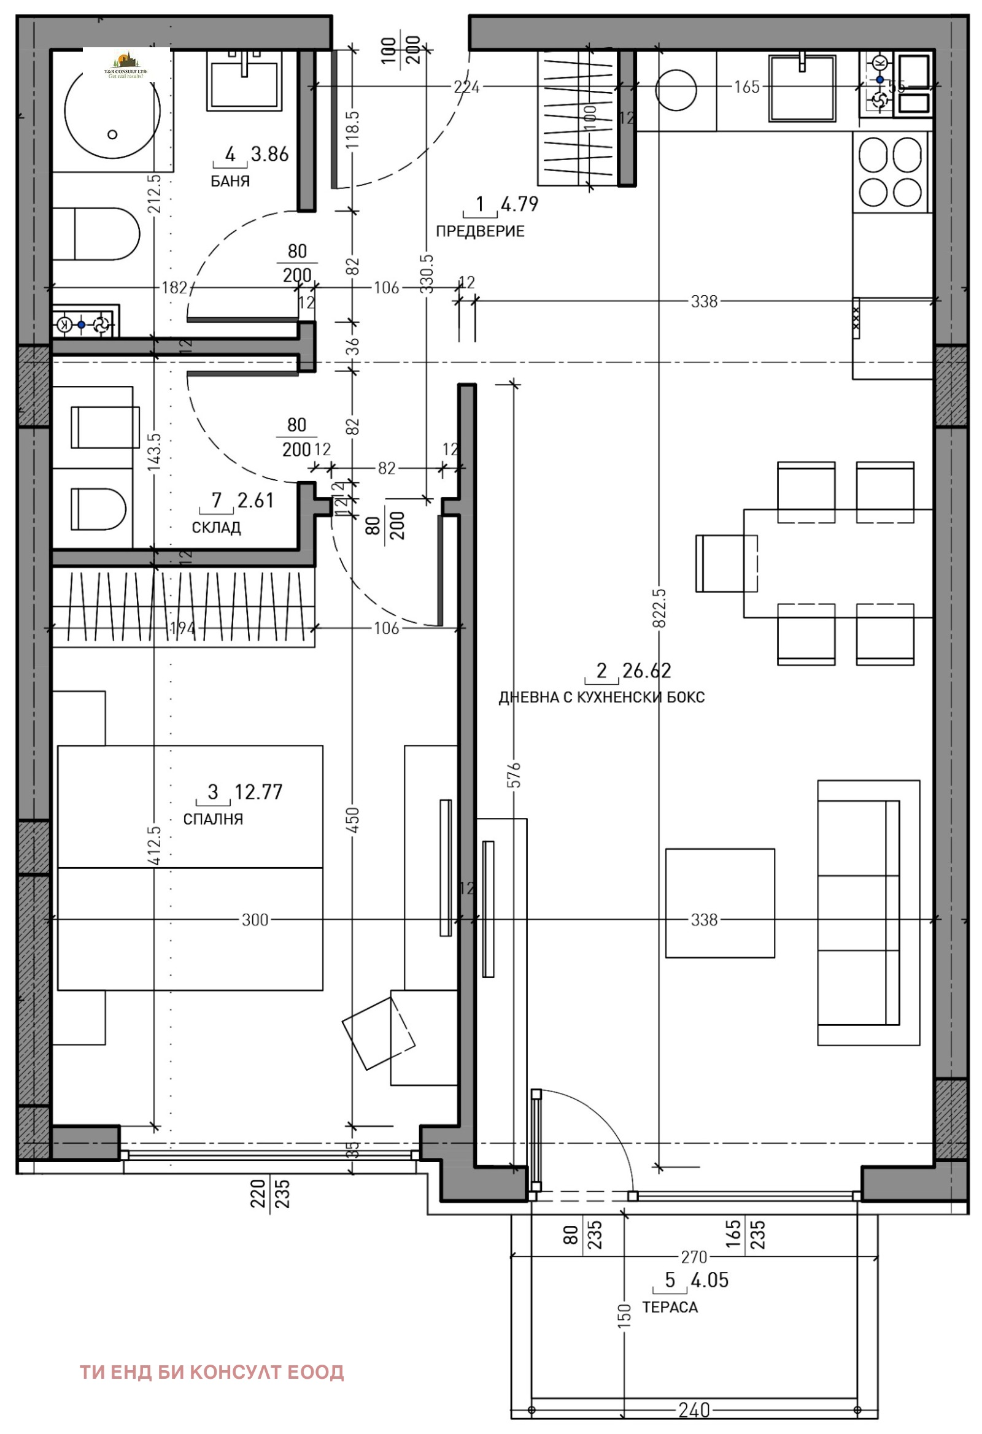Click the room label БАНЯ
230,181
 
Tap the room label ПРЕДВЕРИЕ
479,231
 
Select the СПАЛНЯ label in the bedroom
213,819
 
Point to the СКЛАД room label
216,528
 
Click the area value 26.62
646,670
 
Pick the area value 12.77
258,792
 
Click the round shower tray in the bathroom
112,111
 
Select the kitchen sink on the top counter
802,88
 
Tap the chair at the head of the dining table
726,563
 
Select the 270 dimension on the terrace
694,1256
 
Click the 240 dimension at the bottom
694,1411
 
